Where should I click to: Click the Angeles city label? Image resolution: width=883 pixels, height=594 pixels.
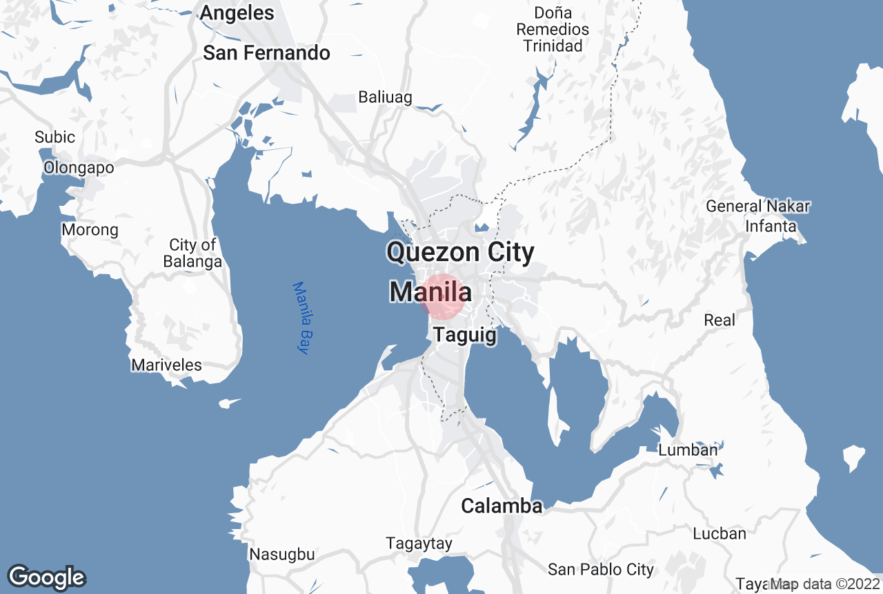[237, 12]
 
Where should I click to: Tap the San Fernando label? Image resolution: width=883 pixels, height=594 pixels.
[266, 53]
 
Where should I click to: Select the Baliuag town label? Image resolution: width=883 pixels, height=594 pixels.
[385, 97]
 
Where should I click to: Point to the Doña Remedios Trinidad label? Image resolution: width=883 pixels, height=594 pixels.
[553, 30]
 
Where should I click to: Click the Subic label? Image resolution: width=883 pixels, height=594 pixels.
[54, 137]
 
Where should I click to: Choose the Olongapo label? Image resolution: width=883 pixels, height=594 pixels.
[79, 167]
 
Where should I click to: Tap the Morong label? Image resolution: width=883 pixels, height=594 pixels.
[90, 229]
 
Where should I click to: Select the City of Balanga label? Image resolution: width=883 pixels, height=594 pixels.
[192, 253]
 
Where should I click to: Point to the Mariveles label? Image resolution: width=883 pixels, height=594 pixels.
[166, 365]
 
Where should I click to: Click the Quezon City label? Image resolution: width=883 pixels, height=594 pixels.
[460, 252]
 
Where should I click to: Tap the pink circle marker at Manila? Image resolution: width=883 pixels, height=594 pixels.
[442, 296]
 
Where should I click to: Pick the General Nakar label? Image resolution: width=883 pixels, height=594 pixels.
[757, 206]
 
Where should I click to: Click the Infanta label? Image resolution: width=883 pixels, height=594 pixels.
[771, 226]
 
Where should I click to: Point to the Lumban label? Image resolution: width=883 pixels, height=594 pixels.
[688, 450]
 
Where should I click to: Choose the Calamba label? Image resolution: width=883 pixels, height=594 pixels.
[502, 506]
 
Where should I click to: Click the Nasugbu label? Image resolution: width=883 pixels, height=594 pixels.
[281, 554]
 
